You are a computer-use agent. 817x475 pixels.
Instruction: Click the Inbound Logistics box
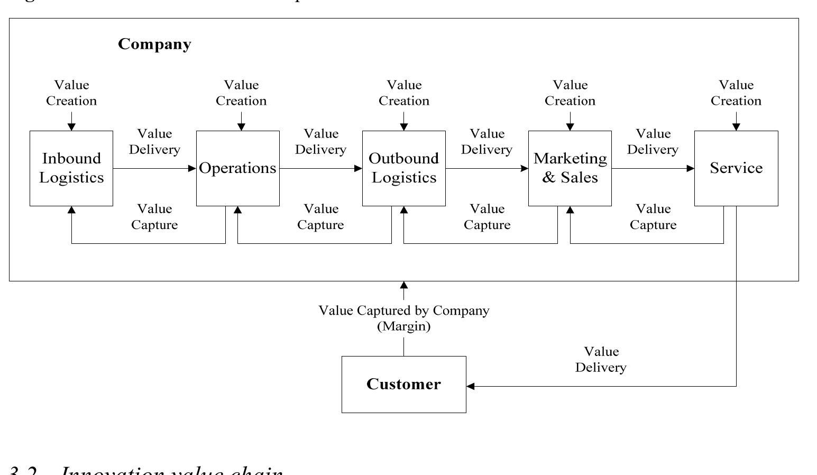[71, 168]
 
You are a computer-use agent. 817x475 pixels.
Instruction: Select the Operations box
[237, 168]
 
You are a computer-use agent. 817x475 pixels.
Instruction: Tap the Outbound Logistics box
[403, 168]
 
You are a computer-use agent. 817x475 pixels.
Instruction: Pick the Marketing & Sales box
[570, 168]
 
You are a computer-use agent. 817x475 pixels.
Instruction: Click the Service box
[736, 168]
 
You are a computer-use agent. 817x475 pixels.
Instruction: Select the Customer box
[403, 384]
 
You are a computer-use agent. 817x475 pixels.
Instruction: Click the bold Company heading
[154, 44]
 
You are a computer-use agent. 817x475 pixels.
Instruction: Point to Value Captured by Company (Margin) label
[403, 318]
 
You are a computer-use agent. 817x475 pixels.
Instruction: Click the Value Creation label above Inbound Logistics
[71, 93]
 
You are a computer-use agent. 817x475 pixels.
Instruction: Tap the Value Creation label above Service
[736, 93]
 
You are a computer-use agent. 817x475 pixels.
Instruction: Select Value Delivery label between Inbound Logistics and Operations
[154, 142]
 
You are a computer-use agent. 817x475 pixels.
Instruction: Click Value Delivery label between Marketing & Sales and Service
[653, 142]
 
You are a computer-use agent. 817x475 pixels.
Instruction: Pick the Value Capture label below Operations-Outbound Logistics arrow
[320, 217]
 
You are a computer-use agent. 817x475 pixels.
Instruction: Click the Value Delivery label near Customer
[601, 360]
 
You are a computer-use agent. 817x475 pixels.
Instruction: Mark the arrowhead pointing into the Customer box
[470, 386]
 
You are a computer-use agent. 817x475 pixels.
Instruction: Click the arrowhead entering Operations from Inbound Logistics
[192, 169]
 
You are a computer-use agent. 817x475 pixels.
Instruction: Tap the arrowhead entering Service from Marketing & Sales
[691, 169]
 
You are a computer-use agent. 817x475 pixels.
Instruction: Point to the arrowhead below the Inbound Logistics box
[71, 209]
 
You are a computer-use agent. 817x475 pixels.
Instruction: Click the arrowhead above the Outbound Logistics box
[404, 127]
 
